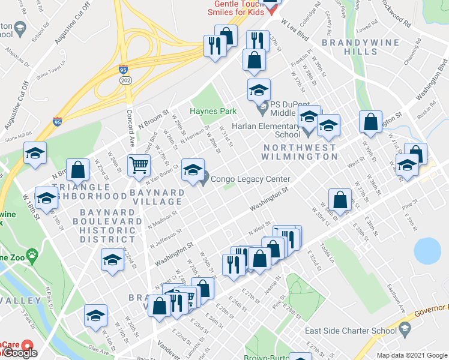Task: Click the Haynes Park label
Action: coord(213,111)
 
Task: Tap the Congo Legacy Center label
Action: coord(251,179)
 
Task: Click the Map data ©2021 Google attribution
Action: coord(412,355)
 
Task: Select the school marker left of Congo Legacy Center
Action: coord(193,169)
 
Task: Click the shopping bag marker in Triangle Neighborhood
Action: coord(77,169)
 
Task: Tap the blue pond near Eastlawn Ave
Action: coord(427,251)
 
